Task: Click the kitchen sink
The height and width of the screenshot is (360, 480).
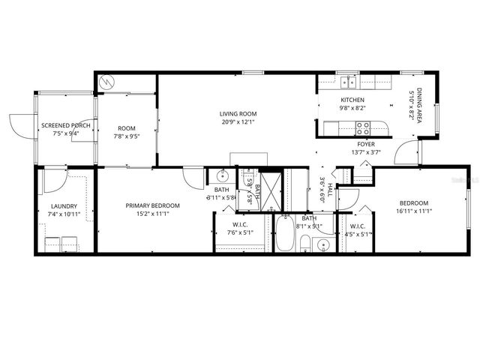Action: click(347, 81)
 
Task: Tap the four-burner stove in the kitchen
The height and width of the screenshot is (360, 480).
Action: click(363, 127)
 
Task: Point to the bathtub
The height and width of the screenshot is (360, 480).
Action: click(286, 234)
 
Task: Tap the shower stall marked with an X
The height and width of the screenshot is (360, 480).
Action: click(272, 183)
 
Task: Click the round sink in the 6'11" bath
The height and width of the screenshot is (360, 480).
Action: click(221, 177)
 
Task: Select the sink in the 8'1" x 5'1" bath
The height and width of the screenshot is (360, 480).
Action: click(323, 244)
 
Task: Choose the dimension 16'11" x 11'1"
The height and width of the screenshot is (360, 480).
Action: click(413, 211)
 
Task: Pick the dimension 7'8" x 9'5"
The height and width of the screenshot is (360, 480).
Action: click(125, 136)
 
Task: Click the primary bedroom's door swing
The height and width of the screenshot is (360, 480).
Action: click(193, 176)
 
